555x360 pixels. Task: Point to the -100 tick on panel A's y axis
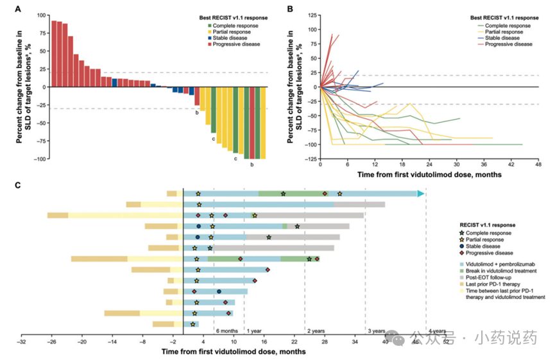tap(41, 159)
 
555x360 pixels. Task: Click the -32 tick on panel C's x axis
tap(22, 343)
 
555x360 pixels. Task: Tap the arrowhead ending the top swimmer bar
tap(421, 193)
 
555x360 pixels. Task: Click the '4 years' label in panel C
tap(437, 331)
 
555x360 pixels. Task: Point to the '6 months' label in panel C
tap(226, 331)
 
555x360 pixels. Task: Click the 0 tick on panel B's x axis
tap(320, 166)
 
